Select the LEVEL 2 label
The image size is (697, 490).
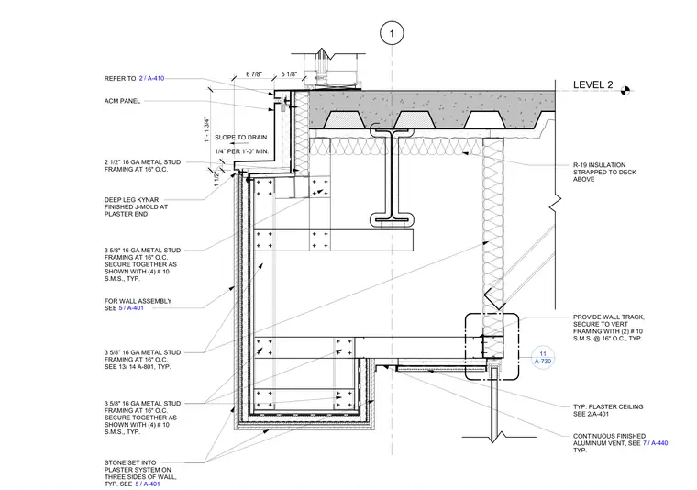click(593, 84)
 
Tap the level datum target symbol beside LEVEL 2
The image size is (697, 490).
click(625, 90)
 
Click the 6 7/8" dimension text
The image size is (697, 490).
click(254, 73)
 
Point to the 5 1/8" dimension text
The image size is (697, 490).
click(289, 73)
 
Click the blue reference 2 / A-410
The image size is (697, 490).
click(151, 78)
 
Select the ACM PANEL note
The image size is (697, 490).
click(122, 101)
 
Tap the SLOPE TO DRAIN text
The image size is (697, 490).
click(241, 138)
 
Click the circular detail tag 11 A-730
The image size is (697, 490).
click(543, 358)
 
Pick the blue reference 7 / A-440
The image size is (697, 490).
click(655, 443)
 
